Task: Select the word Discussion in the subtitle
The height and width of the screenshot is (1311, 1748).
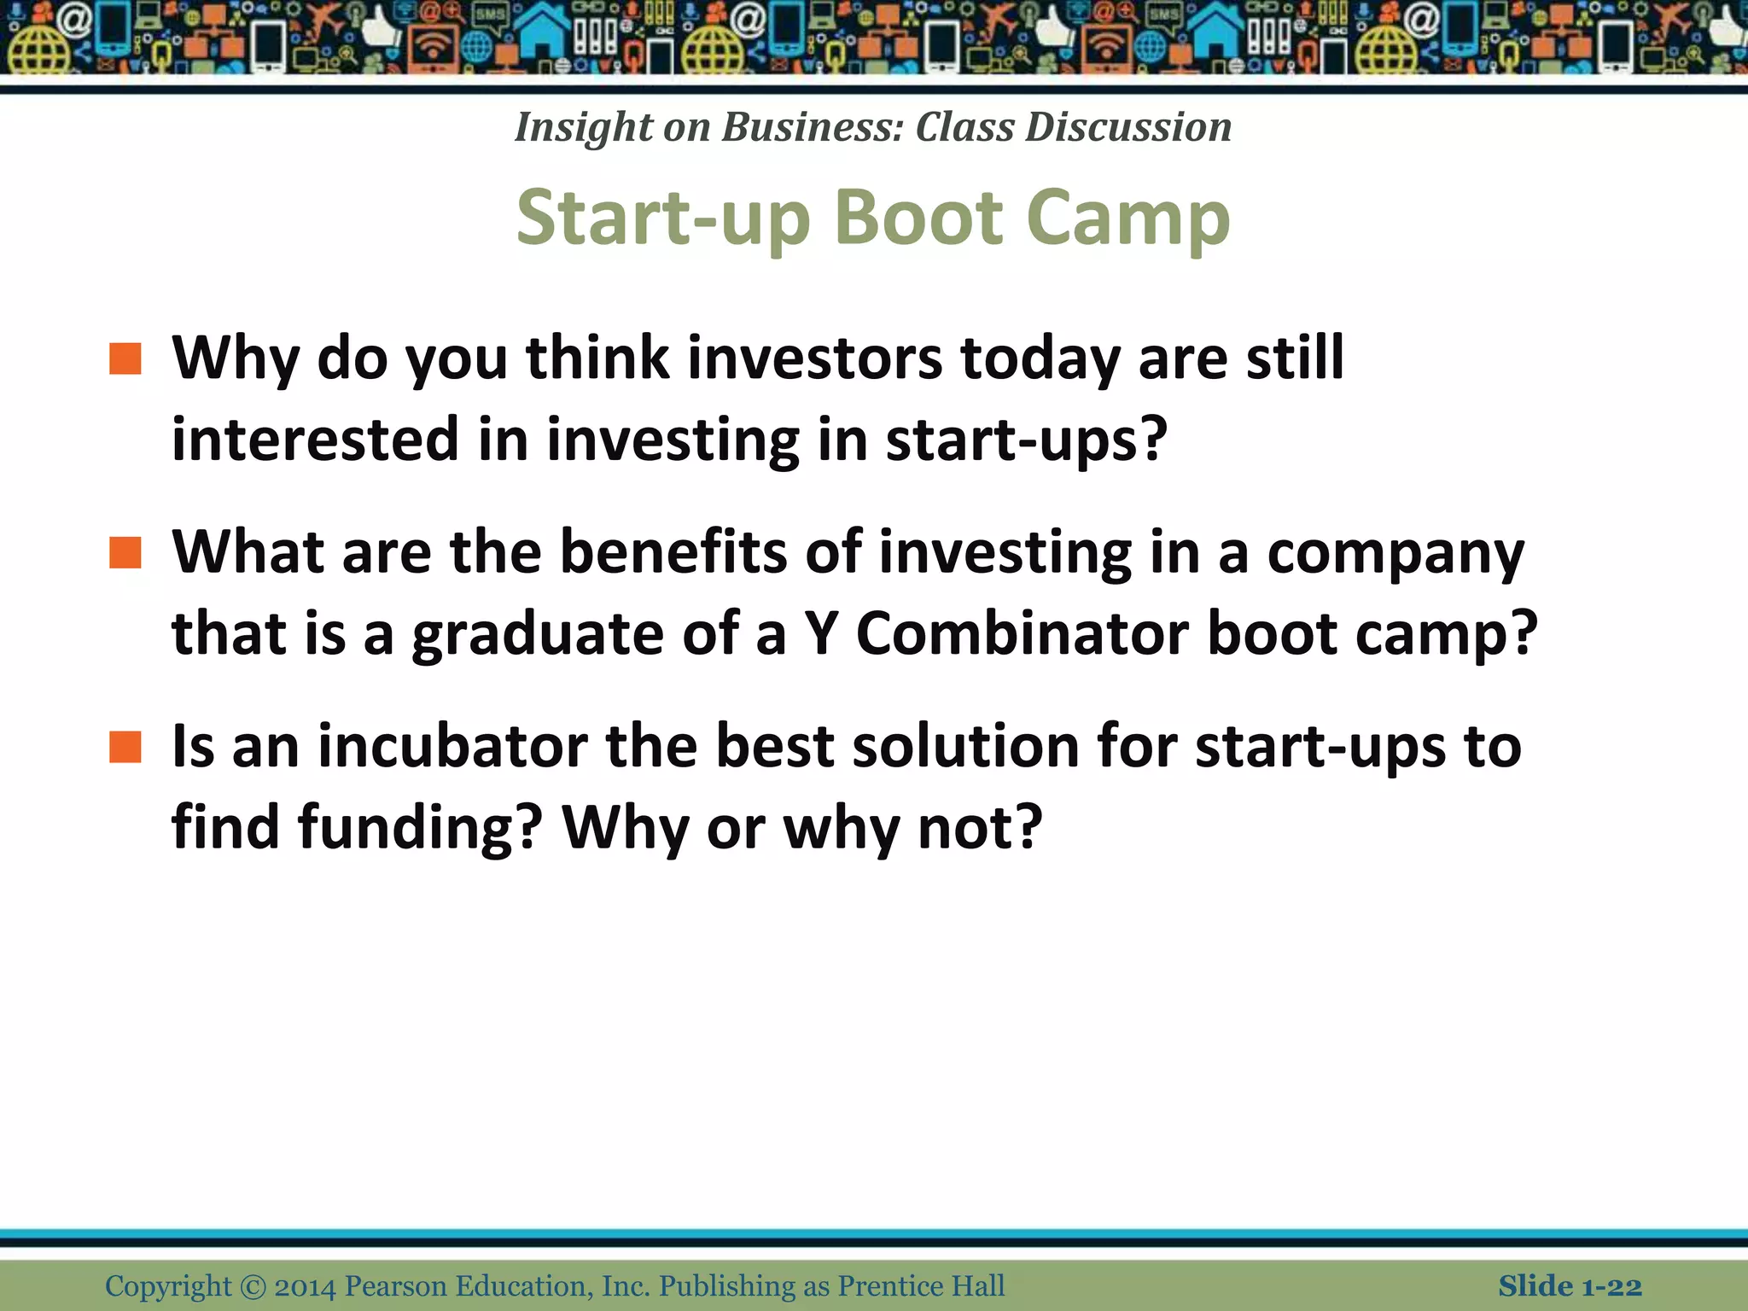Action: [1128, 127]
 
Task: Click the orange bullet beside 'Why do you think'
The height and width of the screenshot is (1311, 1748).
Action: [125, 359]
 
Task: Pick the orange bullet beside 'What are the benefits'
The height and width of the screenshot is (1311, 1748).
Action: [125, 553]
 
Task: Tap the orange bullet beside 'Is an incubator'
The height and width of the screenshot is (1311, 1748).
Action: [125, 747]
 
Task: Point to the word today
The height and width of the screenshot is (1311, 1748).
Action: [1040, 358]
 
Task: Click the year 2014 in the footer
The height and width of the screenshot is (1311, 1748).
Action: [305, 1286]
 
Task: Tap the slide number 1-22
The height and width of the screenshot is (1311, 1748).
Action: [1611, 1286]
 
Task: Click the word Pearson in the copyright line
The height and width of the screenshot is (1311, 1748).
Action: [395, 1286]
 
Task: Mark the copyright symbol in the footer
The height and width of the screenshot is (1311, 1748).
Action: [253, 1287]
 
